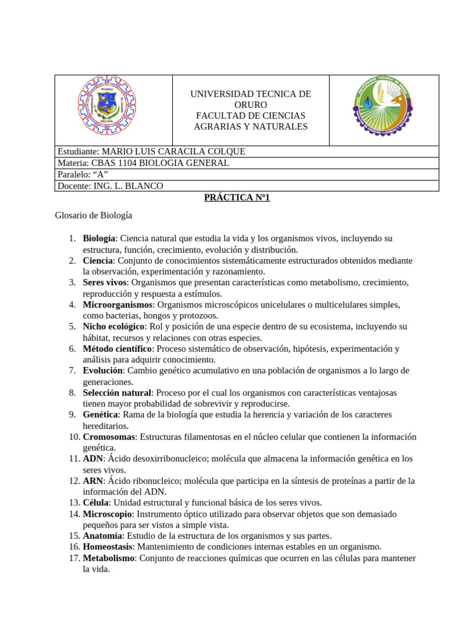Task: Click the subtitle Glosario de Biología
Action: click(93, 216)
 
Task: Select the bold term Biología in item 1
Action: click(99, 238)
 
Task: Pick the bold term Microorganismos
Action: click(117, 304)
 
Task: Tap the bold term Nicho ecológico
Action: click(114, 326)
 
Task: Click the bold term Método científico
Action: click(117, 349)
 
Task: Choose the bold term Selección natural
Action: click(117, 393)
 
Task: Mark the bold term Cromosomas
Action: click(109, 437)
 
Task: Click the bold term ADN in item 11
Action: click(93, 459)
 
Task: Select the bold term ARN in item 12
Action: click(93, 481)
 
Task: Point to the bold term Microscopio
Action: click(107, 514)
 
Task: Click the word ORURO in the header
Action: click(250, 105)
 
